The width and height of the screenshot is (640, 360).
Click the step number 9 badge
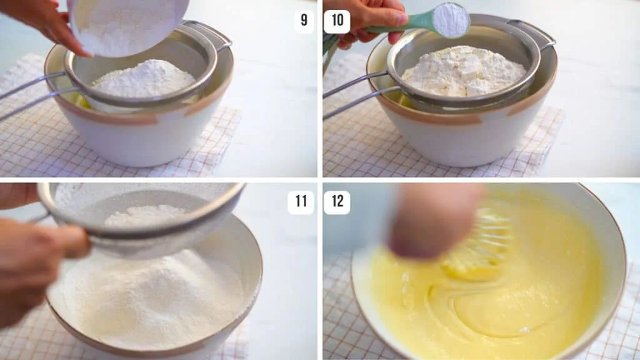pyautogui.click(x=304, y=21)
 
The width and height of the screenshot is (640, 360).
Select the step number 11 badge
pyautogui.click(x=301, y=202)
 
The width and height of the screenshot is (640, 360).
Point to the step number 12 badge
pyautogui.click(x=337, y=202)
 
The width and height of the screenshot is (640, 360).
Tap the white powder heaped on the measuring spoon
pyautogui.click(x=451, y=19)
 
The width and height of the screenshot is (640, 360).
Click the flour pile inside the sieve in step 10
pyautogui.click(x=463, y=72)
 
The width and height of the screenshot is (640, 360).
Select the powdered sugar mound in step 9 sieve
pyautogui.click(x=144, y=80)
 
